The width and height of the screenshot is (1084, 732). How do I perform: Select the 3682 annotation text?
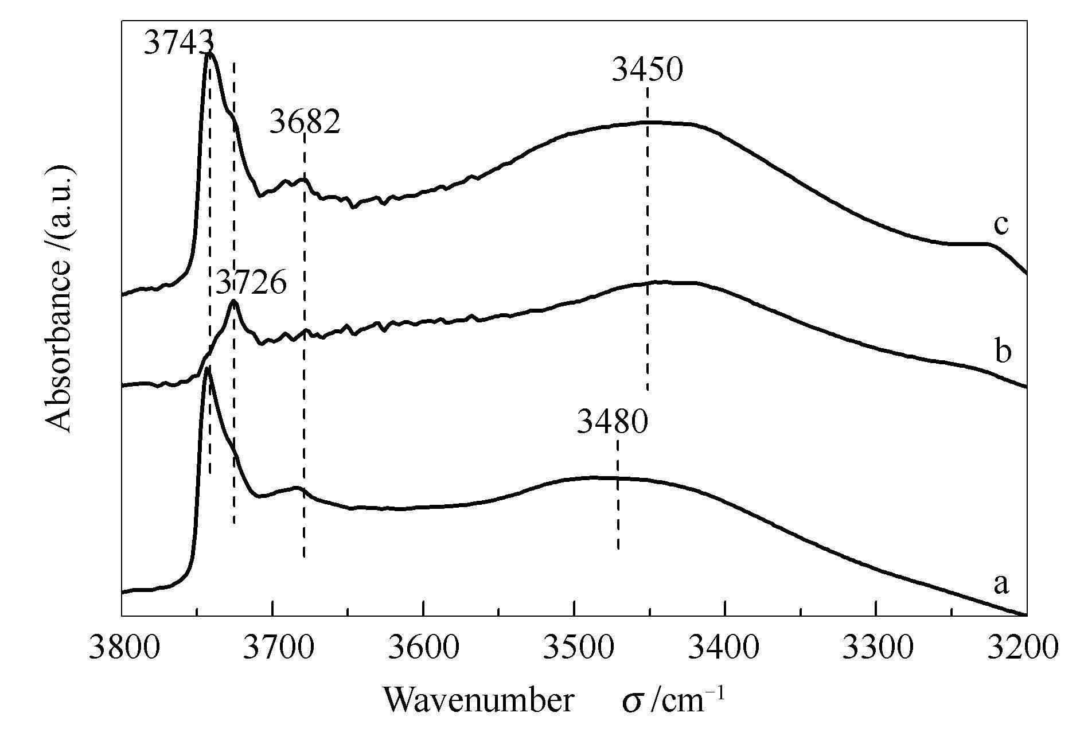305,122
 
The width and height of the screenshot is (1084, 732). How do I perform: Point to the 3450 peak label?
647,71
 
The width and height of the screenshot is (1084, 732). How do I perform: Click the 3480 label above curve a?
612,423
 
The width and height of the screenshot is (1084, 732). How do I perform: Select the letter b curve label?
1002,351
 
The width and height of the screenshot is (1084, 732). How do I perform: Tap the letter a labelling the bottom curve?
1000,585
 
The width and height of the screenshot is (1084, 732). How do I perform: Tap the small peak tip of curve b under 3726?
233,301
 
